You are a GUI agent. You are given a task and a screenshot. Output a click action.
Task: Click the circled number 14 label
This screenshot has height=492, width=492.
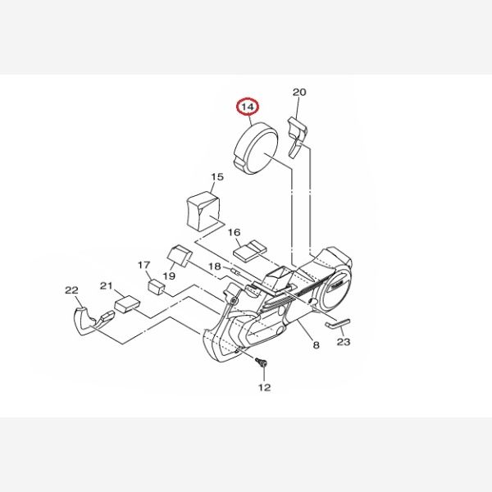pos(248,107)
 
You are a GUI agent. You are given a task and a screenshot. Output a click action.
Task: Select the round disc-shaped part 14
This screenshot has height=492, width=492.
pos(256,148)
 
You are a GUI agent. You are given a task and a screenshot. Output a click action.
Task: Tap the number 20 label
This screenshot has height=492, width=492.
pos(299,92)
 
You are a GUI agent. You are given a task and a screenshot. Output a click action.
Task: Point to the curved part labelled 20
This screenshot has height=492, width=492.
pos(297,137)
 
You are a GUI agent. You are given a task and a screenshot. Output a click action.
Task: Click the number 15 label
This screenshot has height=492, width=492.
pos(217,177)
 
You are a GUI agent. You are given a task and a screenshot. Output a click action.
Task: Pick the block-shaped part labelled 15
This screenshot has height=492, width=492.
pos(203,211)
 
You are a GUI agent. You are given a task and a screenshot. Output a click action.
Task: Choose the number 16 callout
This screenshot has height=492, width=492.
pos(234,233)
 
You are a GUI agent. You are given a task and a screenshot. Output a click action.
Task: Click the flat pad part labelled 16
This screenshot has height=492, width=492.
pos(250,251)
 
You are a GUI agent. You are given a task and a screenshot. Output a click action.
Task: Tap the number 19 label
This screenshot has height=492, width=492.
pos(169,276)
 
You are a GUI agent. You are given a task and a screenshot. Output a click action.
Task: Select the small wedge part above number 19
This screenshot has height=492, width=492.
pos(180,256)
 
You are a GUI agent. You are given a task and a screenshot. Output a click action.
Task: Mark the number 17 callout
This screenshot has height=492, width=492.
pos(144,265)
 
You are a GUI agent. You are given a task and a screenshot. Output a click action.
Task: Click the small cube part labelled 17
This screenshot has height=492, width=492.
pos(157,287)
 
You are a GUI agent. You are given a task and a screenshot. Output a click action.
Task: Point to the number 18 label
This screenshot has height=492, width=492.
pos(215,266)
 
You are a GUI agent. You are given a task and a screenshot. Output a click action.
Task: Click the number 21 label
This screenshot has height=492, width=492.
pos(107,286)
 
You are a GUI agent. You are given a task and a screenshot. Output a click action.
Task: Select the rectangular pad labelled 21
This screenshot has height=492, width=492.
pos(127,303)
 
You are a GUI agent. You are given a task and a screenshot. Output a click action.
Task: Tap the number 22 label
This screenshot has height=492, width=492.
pos(71,290)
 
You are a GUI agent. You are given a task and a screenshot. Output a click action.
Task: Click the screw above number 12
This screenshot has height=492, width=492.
pos(262,362)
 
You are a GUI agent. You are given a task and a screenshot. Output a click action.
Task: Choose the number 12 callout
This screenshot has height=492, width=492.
pos(264,388)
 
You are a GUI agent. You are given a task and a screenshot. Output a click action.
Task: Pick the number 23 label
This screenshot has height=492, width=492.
pos(344,342)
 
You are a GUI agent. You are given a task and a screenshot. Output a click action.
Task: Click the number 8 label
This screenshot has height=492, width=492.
pos(316,345)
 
